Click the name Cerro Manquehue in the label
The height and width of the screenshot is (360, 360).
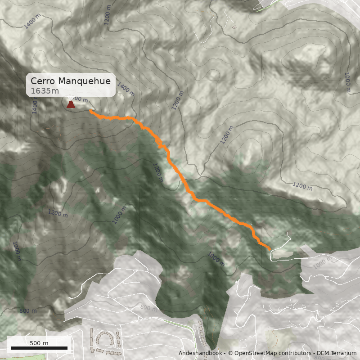pos(71,81)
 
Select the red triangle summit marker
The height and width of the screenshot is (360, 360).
pos(71,104)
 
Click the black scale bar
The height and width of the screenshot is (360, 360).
pos(39,348)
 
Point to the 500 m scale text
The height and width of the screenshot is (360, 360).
pos(39,343)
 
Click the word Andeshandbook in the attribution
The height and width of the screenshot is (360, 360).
pos(200,353)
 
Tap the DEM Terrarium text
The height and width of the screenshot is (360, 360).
pos(335,353)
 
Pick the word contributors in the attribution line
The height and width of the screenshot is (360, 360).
pos(292,353)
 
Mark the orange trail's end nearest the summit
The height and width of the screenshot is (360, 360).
pos(91,111)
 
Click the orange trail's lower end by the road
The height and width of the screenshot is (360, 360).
pos(269,248)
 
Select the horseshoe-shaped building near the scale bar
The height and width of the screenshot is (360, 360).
pos(104,339)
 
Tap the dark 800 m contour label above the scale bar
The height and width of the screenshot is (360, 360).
pos(28,310)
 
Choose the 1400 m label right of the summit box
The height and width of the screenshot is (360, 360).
pos(126,90)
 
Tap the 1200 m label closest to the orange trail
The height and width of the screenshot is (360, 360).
pos(157,173)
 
